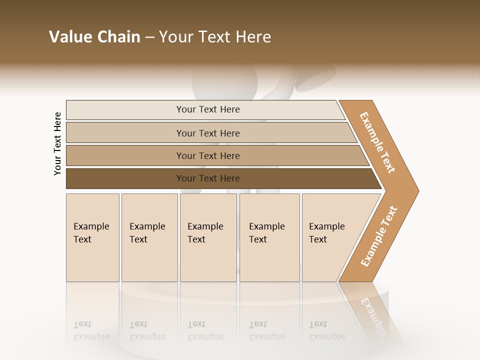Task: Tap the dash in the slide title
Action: pyautogui.click(x=149, y=37)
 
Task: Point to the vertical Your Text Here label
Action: pyautogui.click(x=57, y=143)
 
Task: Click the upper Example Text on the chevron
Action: pyautogui.click(x=377, y=142)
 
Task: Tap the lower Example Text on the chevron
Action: pyautogui.click(x=379, y=236)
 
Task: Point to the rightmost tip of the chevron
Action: pyautogui.click(x=418, y=190)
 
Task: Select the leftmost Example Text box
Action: pyautogui.click(x=92, y=237)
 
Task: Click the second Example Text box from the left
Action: pyautogui.click(x=149, y=237)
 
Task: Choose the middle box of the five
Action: pyautogui.click(x=208, y=237)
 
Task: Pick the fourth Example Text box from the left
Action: pyautogui.click(x=269, y=237)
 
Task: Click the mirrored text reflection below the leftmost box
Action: pyautogui.click(x=91, y=331)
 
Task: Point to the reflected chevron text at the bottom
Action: pyautogui.click(x=372, y=315)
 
